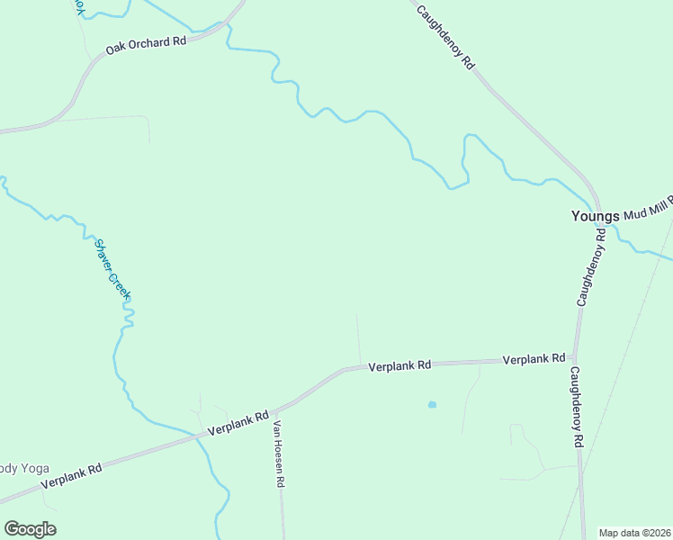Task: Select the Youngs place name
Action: coord(596,216)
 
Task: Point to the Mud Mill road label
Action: coord(648,211)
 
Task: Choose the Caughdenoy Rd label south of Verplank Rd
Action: coord(577,408)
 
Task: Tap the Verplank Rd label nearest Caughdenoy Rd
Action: coord(534,359)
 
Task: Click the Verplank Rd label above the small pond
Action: coord(400,365)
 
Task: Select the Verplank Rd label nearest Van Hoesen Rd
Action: coord(238,423)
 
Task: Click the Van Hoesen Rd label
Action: coord(279,454)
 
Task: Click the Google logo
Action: coord(30,529)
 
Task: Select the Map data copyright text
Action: coord(634,533)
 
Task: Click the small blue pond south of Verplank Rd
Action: coord(432,405)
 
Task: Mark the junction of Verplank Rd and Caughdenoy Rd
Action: coord(575,358)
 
